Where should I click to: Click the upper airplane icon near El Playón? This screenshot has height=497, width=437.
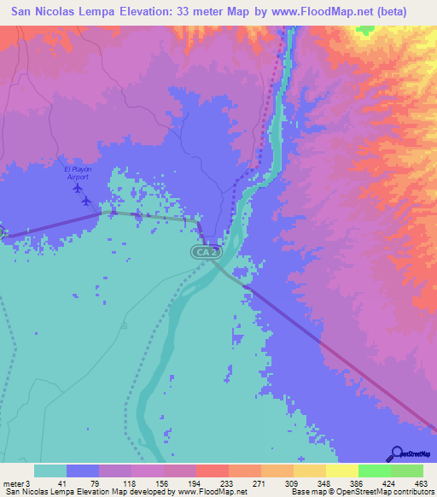click(78, 188)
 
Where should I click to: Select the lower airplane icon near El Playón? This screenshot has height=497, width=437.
click(87, 201)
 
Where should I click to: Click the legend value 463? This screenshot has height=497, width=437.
click(422, 482)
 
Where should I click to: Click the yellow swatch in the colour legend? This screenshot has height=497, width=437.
click(341, 471)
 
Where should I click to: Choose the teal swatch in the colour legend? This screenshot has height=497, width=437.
click(50, 471)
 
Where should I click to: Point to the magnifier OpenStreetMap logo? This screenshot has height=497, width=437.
click(398, 453)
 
